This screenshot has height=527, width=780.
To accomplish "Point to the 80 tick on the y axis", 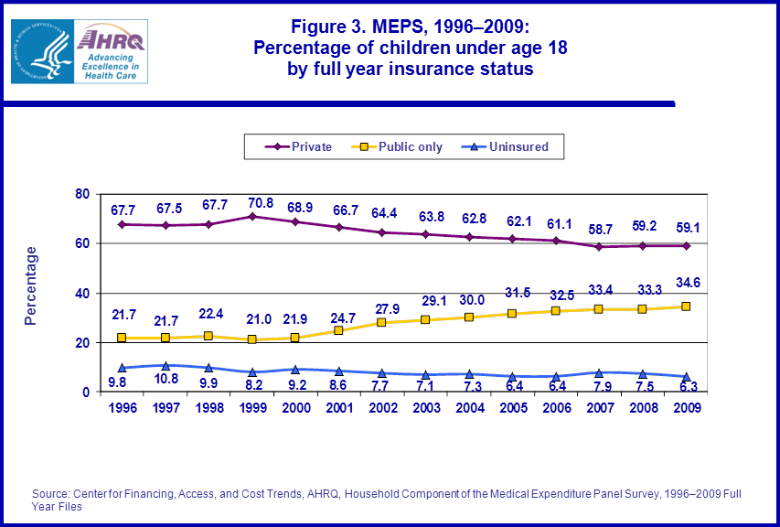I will (x=81, y=194).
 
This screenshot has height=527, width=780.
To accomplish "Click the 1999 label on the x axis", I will (x=252, y=407).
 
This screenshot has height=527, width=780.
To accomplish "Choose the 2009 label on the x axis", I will (x=685, y=407).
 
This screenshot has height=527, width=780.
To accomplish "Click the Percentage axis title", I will (x=31, y=285).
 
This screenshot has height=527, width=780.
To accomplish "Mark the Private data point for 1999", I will (x=252, y=216).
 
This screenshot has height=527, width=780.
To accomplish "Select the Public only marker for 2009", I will (x=685, y=307).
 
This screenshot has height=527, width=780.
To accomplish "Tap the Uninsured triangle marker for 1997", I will (x=166, y=365).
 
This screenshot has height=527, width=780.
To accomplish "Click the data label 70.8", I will (x=252, y=200).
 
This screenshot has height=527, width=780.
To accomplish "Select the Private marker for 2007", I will (x=599, y=246).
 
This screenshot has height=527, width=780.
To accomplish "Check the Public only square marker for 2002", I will (x=382, y=322).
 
